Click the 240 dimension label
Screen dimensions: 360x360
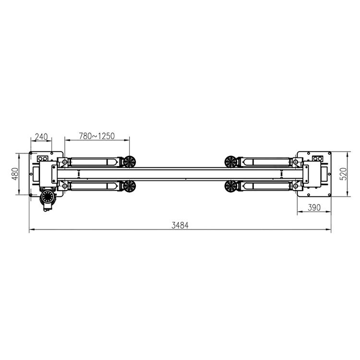click(x=41, y=137)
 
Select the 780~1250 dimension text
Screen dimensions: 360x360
click(x=96, y=136)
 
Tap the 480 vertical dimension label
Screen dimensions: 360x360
click(x=15, y=174)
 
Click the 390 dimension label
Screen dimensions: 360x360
click(x=314, y=207)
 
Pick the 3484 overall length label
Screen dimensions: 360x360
click(x=180, y=226)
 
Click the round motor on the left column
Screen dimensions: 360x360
click(x=48, y=197)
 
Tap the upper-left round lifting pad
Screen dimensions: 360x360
click(x=129, y=162)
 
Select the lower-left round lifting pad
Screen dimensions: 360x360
click(x=129, y=186)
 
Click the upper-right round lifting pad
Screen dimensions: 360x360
click(x=231, y=162)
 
